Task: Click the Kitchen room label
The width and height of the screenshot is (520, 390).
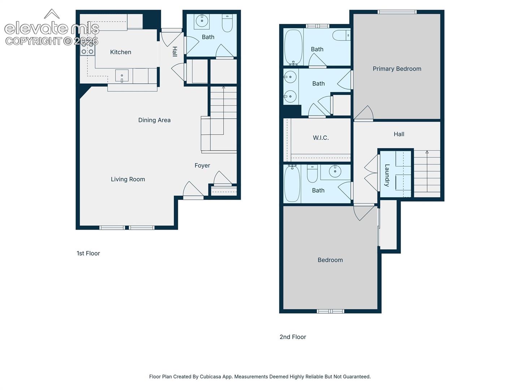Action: pyautogui.click(x=121, y=52)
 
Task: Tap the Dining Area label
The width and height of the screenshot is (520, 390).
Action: pyautogui.click(x=154, y=120)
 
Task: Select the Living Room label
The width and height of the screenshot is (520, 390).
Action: pyautogui.click(x=128, y=179)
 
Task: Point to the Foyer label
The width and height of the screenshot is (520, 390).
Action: pyautogui.click(x=202, y=165)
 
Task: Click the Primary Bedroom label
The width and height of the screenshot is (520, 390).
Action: pyautogui.click(x=397, y=69)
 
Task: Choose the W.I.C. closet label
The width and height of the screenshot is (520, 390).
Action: pyautogui.click(x=321, y=138)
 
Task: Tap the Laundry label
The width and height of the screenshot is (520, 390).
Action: pyautogui.click(x=387, y=175)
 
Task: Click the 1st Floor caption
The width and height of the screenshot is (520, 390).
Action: pyautogui.click(x=88, y=253)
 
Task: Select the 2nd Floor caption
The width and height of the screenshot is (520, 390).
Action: pyautogui.click(x=293, y=337)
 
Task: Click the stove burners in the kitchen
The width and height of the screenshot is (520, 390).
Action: pyautogui.click(x=87, y=48)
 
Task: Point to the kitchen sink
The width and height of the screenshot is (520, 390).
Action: pyautogui.click(x=122, y=76)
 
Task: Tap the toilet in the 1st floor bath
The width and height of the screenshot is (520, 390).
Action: pyautogui.click(x=227, y=23)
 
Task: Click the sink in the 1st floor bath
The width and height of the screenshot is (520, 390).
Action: pyautogui.click(x=202, y=21)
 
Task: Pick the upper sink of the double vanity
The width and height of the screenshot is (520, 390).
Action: pyautogui.click(x=290, y=77)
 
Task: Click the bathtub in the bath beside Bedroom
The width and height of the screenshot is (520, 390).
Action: pyautogui.click(x=292, y=184)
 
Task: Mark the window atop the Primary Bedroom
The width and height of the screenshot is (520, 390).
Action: pyautogui.click(x=397, y=12)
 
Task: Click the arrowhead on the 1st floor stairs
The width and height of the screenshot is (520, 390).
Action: pyautogui.click(x=224, y=88)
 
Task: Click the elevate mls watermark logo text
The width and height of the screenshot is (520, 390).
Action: pyautogui.click(x=52, y=28)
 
